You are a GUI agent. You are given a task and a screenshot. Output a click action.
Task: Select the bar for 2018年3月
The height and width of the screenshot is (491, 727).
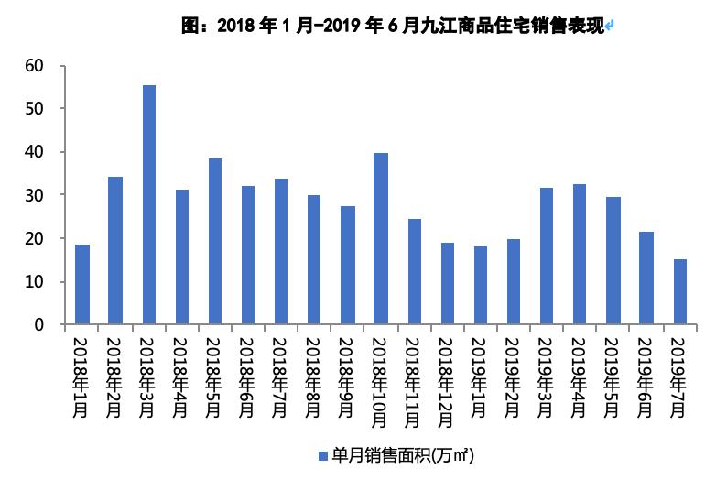pyautogui.click(x=148, y=204)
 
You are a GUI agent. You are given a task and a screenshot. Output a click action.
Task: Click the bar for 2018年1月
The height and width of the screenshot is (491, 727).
pyautogui.click(x=82, y=284)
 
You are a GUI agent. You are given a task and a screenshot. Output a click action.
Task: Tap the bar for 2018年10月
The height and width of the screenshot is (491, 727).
pyautogui.click(x=381, y=238)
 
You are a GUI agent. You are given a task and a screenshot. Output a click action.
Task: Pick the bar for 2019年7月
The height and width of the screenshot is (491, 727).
pyautogui.click(x=679, y=291)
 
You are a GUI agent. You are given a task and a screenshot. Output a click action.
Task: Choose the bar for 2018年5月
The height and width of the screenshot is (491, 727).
pyautogui.click(x=215, y=241)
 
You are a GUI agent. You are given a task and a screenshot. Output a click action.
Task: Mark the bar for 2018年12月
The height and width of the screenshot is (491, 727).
pyautogui.click(x=448, y=283)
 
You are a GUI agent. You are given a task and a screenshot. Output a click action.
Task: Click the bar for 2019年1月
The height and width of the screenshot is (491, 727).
pyautogui.click(x=481, y=285)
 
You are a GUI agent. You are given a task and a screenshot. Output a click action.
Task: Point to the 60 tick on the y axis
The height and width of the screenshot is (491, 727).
pyautogui.click(x=35, y=65)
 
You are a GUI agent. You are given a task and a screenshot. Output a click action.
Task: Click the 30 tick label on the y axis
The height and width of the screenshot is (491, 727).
pyautogui.click(x=35, y=195)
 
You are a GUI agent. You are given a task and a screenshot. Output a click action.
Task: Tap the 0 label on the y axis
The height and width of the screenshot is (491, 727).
pyautogui.click(x=39, y=325)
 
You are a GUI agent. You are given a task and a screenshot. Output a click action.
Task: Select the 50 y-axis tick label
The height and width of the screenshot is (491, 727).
pyautogui.click(x=35, y=108)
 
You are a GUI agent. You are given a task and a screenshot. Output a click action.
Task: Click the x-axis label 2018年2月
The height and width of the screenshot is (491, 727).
pyautogui.click(x=115, y=376)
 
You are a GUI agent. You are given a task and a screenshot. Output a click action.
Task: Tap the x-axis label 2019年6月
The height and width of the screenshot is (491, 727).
pyautogui.click(x=646, y=376)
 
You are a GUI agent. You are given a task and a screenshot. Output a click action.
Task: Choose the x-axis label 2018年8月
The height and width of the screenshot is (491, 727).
pyautogui.click(x=314, y=376)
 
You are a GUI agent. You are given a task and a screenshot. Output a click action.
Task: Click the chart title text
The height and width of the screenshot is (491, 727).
pyautogui.click(x=394, y=26)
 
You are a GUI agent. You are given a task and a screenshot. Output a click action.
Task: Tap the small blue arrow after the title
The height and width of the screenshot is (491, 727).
pyautogui.click(x=610, y=27)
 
